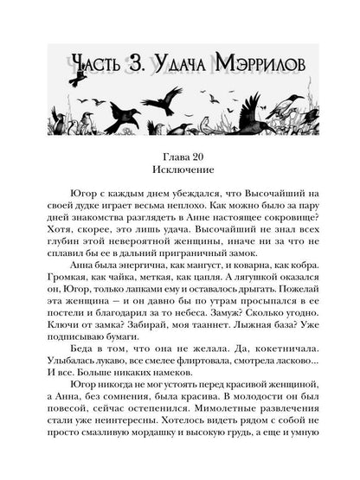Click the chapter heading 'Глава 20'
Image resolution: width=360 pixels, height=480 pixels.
pos(180,142)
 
